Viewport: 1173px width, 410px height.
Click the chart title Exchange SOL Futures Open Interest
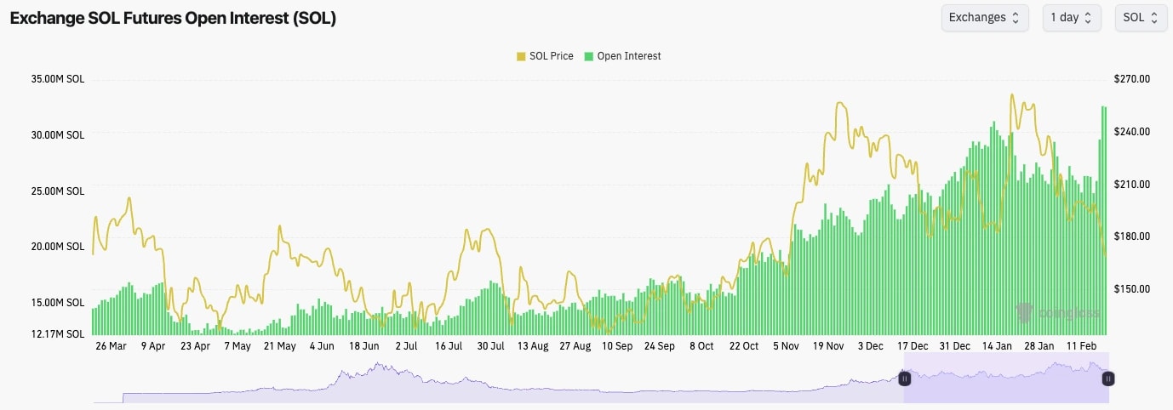pyautogui.click(x=173, y=18)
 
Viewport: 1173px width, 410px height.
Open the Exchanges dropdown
pyautogui.click(x=984, y=18)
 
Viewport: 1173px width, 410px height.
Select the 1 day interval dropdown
pyautogui.click(x=1071, y=18)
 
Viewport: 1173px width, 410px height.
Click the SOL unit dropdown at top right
pyautogui.click(x=1140, y=18)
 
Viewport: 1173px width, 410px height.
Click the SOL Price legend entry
pyautogui.click(x=545, y=56)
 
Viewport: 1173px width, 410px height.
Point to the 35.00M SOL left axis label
pyautogui.click(x=58, y=79)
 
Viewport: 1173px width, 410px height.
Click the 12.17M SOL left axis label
pyautogui.click(x=58, y=333)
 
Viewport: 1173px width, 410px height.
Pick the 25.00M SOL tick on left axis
pyautogui.click(x=58, y=191)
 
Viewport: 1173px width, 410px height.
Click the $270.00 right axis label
pyautogui.click(x=1131, y=79)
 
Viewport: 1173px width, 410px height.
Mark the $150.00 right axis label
pyautogui.click(x=1131, y=289)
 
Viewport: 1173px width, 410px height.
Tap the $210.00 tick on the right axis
pyautogui.click(x=1131, y=185)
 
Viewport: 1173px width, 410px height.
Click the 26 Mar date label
pyautogui.click(x=111, y=346)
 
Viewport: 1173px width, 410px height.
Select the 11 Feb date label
pyautogui.click(x=1081, y=346)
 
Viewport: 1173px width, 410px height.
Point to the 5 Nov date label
pyautogui.click(x=786, y=346)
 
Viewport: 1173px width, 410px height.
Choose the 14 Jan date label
pyautogui.click(x=997, y=346)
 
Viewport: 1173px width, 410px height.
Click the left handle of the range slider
pyautogui.click(x=905, y=379)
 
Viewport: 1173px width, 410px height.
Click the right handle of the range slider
pyautogui.click(x=1108, y=379)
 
